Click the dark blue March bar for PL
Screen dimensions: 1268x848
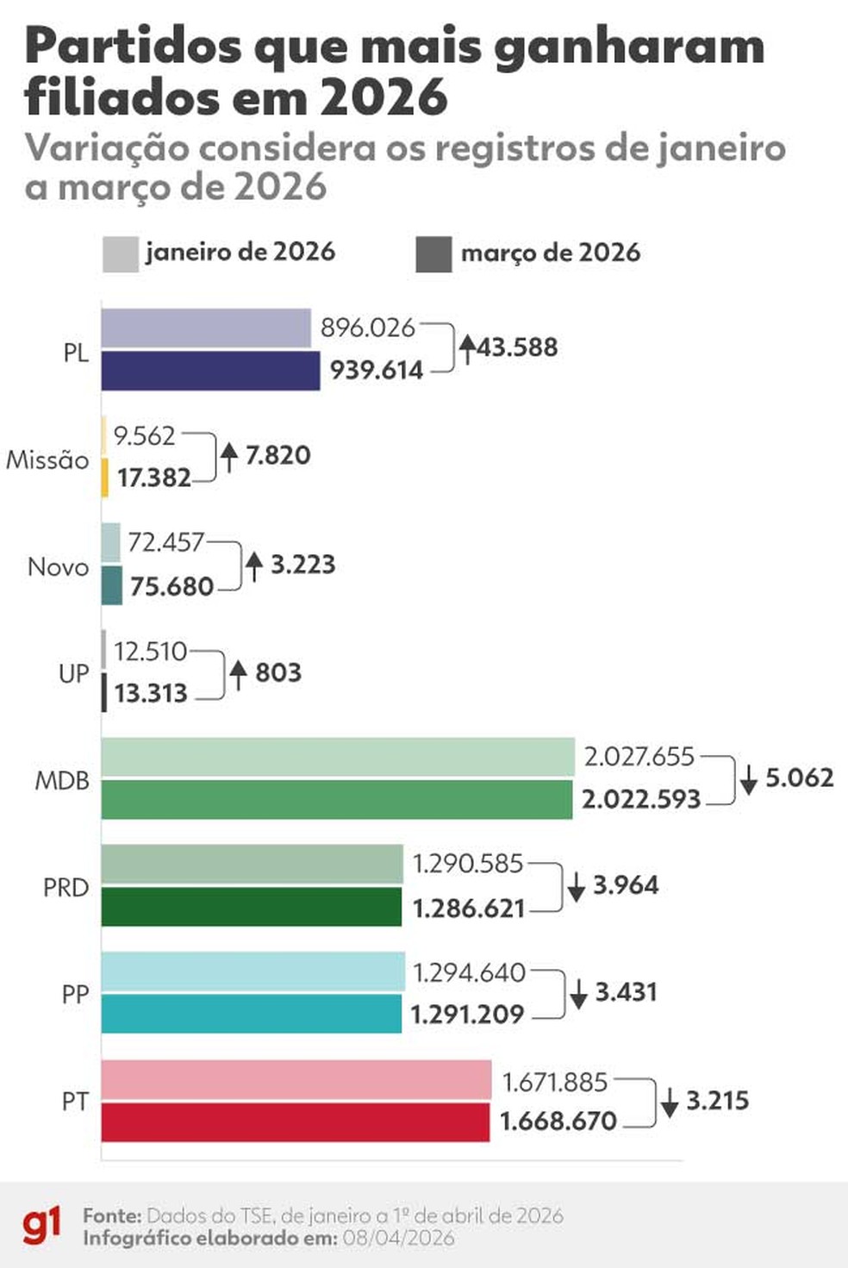pos(210,371)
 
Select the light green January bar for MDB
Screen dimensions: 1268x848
pos(338,757)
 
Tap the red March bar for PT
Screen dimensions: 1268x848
pos(295,1122)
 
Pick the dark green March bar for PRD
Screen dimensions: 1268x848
pos(251,908)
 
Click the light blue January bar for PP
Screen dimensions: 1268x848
pos(253,971)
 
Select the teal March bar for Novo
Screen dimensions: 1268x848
pos(112,585)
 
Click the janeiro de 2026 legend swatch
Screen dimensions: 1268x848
pos(120,253)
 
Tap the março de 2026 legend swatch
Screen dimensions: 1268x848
pos(433,253)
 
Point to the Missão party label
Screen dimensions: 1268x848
pos(47,460)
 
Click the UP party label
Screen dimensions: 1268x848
pos(74,673)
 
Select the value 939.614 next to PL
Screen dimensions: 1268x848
pos(377,371)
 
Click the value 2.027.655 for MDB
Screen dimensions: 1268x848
pos(639,757)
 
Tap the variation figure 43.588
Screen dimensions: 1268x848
pos(517,348)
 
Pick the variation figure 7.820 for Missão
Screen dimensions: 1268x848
pos(277,455)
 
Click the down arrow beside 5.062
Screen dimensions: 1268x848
pos(749,778)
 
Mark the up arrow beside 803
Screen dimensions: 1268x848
pos(239,673)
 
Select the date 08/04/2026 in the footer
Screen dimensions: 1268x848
pos(398,1238)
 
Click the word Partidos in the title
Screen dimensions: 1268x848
pos(134,47)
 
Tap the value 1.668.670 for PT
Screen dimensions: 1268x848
pos(558,1121)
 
